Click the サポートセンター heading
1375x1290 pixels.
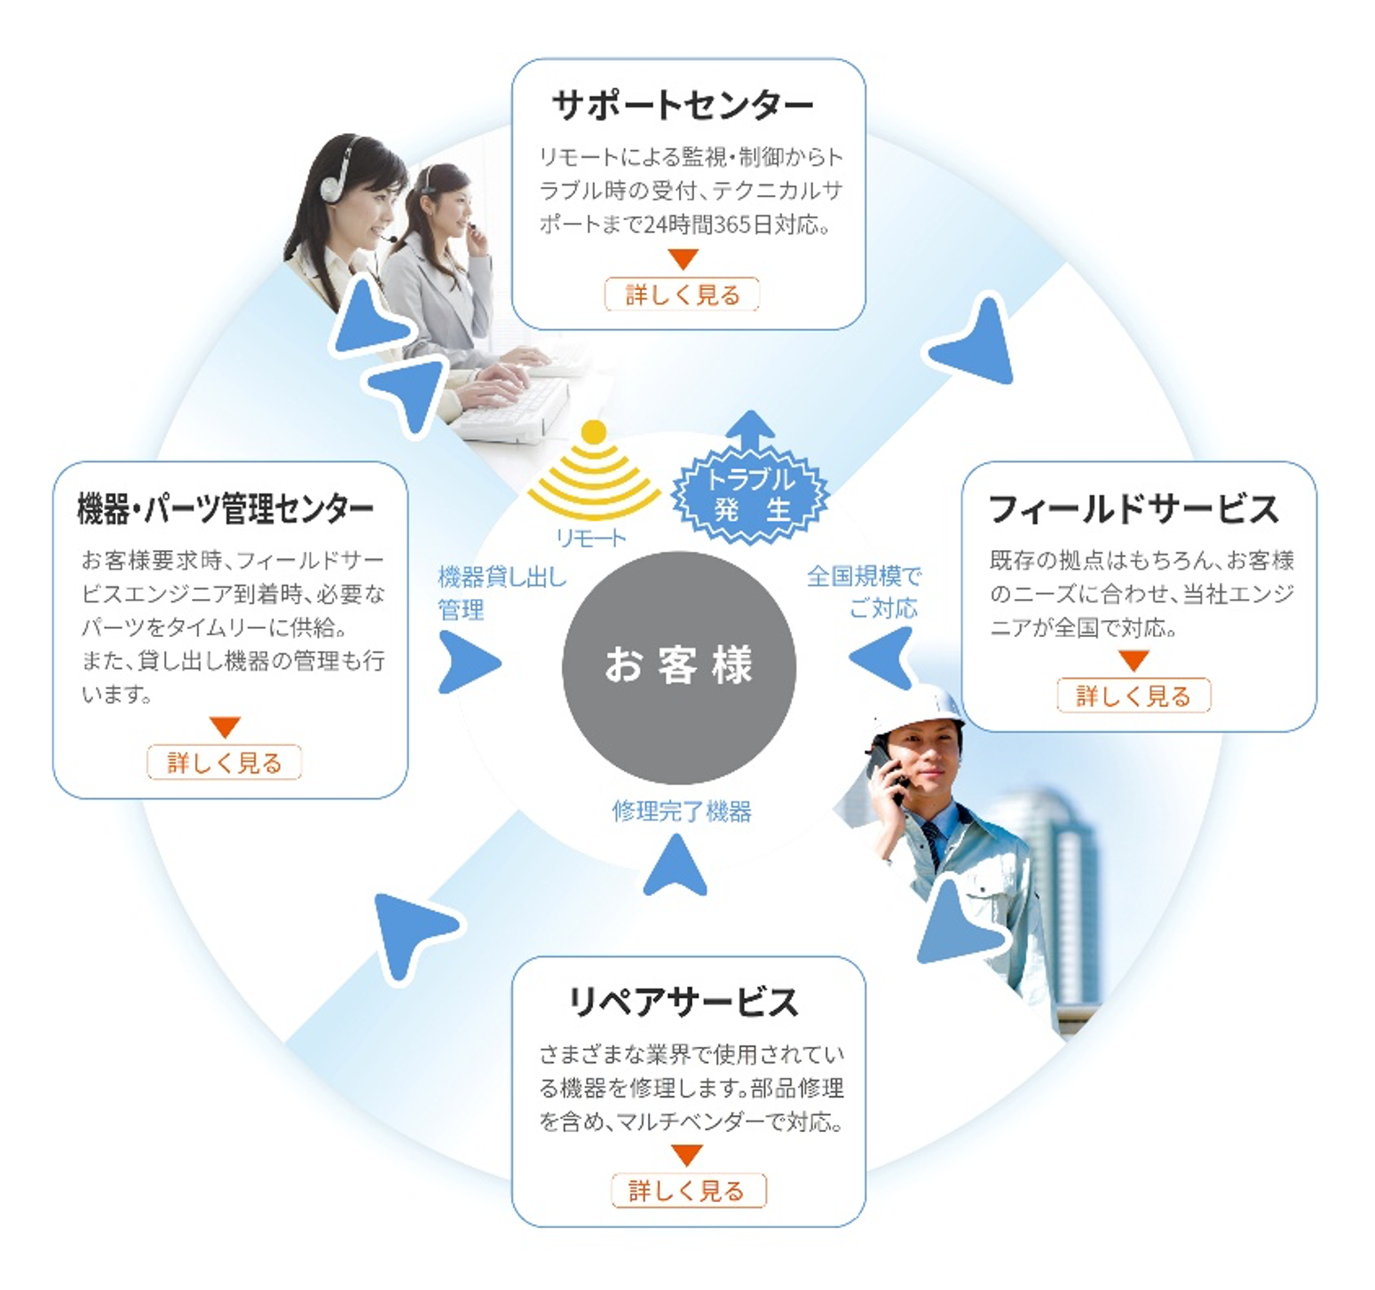(x=682, y=106)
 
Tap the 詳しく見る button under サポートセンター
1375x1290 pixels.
(x=682, y=295)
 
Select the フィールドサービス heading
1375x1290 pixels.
(x=1134, y=509)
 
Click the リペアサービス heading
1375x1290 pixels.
(x=684, y=1003)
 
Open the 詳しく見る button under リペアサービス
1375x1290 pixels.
(x=688, y=1191)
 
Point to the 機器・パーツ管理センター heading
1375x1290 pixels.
(x=225, y=509)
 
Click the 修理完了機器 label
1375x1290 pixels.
(x=682, y=811)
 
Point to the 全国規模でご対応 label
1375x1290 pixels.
(x=866, y=592)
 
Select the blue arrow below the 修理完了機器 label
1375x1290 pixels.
(x=676, y=867)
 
